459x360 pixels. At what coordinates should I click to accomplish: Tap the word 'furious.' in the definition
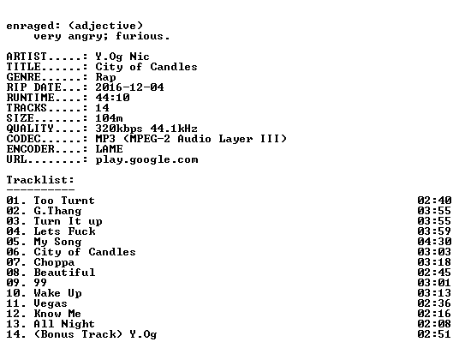click(143, 36)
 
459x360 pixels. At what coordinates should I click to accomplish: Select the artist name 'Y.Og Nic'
click(122, 57)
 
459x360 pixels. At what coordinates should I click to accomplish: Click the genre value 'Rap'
click(105, 77)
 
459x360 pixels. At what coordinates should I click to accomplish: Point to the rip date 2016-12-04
click(129, 87)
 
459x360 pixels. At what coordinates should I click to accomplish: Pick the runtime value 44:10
click(112, 98)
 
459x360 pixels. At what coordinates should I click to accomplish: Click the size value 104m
click(109, 118)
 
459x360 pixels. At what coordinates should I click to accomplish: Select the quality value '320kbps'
click(119, 129)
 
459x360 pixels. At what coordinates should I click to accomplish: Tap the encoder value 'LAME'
click(109, 149)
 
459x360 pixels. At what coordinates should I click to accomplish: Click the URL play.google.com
click(147, 160)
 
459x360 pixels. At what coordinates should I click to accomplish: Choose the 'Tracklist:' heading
click(40, 180)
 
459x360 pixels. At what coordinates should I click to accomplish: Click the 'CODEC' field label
click(23, 139)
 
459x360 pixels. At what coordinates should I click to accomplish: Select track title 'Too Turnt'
click(64, 201)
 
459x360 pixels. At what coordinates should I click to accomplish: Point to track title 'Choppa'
click(54, 263)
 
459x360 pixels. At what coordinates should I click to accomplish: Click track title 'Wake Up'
click(57, 293)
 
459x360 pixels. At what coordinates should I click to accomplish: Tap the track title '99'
click(40, 283)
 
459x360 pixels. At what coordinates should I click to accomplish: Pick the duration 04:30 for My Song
click(434, 242)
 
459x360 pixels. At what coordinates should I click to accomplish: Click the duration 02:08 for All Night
click(434, 324)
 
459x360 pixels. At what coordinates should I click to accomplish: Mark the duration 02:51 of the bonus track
click(434, 334)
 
